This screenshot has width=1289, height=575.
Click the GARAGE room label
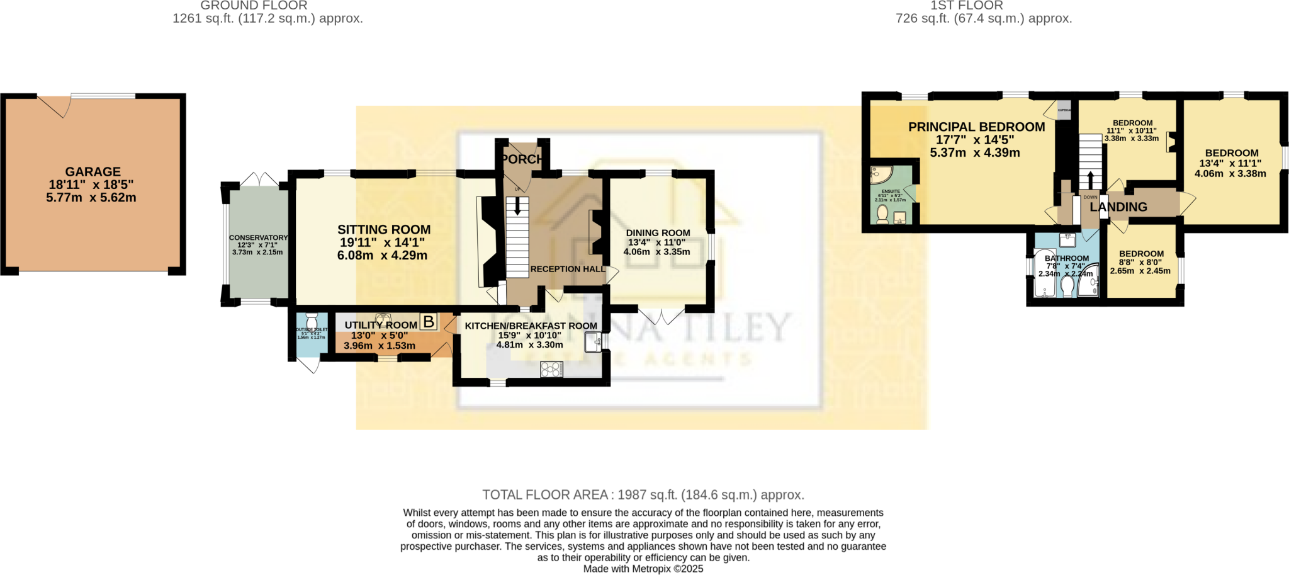(x=93, y=171)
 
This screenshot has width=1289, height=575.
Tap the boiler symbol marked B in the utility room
(x=429, y=322)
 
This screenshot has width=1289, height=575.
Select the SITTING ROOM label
(x=384, y=230)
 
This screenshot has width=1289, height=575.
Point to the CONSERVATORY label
(x=258, y=237)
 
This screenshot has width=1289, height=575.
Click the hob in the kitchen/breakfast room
(x=551, y=370)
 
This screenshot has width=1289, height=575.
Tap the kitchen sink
(x=592, y=342)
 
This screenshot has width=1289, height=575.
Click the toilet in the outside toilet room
(x=312, y=322)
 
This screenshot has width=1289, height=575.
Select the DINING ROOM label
(x=658, y=233)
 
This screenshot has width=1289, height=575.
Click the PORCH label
(x=522, y=159)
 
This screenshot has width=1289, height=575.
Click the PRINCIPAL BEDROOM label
(x=976, y=127)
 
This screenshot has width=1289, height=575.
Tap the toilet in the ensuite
(x=882, y=213)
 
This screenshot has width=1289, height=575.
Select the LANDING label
(x=1118, y=207)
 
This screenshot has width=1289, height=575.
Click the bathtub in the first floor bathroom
(x=1044, y=275)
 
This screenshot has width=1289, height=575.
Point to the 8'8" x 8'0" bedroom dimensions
(x=1140, y=263)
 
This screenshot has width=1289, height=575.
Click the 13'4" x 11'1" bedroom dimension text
(x=1230, y=163)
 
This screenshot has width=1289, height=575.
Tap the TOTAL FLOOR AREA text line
(x=643, y=495)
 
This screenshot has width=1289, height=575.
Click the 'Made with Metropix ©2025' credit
(x=643, y=569)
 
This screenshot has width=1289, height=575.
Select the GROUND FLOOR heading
(x=254, y=6)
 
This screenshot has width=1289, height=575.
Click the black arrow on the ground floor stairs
(x=518, y=205)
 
